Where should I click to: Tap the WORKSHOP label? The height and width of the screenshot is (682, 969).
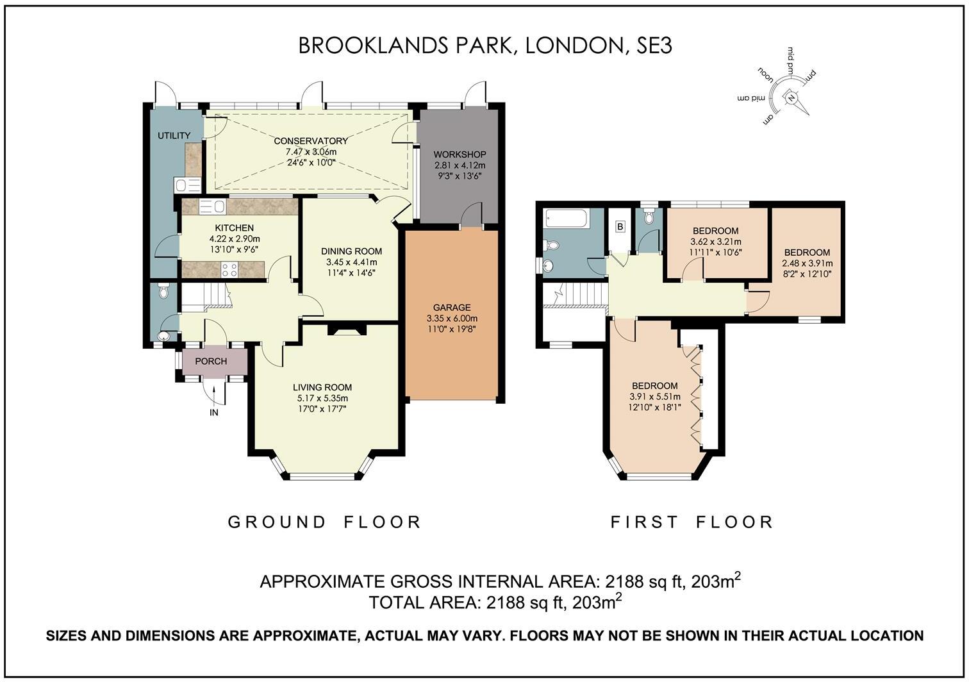[x=460, y=154]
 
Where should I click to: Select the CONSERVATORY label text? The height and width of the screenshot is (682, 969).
[x=311, y=141]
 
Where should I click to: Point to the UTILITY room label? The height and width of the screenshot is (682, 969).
[x=174, y=135]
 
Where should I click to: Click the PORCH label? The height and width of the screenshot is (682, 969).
[x=211, y=361]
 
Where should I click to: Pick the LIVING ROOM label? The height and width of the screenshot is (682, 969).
[x=322, y=387]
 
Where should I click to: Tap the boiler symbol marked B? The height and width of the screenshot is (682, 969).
[x=620, y=226]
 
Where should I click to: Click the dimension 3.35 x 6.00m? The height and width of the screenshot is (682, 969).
[x=452, y=318]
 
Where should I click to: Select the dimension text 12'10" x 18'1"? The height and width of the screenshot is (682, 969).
[x=654, y=406]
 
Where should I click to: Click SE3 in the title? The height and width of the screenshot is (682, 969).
[x=653, y=46]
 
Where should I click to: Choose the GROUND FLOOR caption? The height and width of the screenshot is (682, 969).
[x=325, y=522]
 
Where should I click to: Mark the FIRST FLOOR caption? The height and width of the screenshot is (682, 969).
[x=692, y=522]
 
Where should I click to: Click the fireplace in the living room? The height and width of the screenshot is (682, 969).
[x=346, y=330]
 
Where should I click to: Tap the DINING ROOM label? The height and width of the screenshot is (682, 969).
[x=351, y=251]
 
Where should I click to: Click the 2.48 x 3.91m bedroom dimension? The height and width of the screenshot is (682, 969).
[x=807, y=263]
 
